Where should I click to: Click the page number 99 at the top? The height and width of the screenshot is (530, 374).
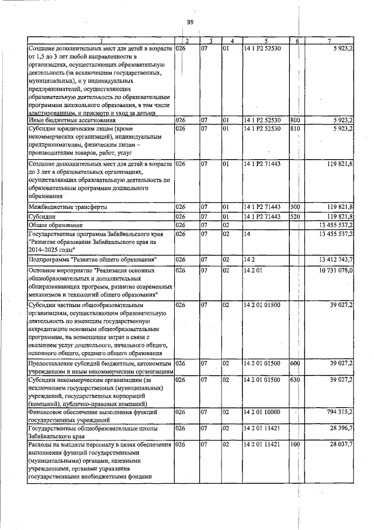pyautogui.click(x=190, y=22)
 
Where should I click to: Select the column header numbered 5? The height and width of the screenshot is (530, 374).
pyautogui.click(x=265, y=40)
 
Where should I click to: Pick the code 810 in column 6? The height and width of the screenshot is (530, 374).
pyautogui.click(x=295, y=128)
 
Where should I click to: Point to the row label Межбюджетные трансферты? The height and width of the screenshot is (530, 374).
pyautogui.click(x=59, y=207)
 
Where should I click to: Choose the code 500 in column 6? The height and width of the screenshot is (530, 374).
pyautogui.click(x=295, y=207)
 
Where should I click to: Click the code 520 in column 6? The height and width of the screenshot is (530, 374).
pyautogui.click(x=295, y=216)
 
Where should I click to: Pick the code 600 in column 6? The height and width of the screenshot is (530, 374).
pyautogui.click(x=295, y=363)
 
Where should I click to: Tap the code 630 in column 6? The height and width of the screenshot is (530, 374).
pyautogui.click(x=295, y=380)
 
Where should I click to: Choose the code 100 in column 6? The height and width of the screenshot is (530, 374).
pyautogui.click(x=295, y=445)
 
